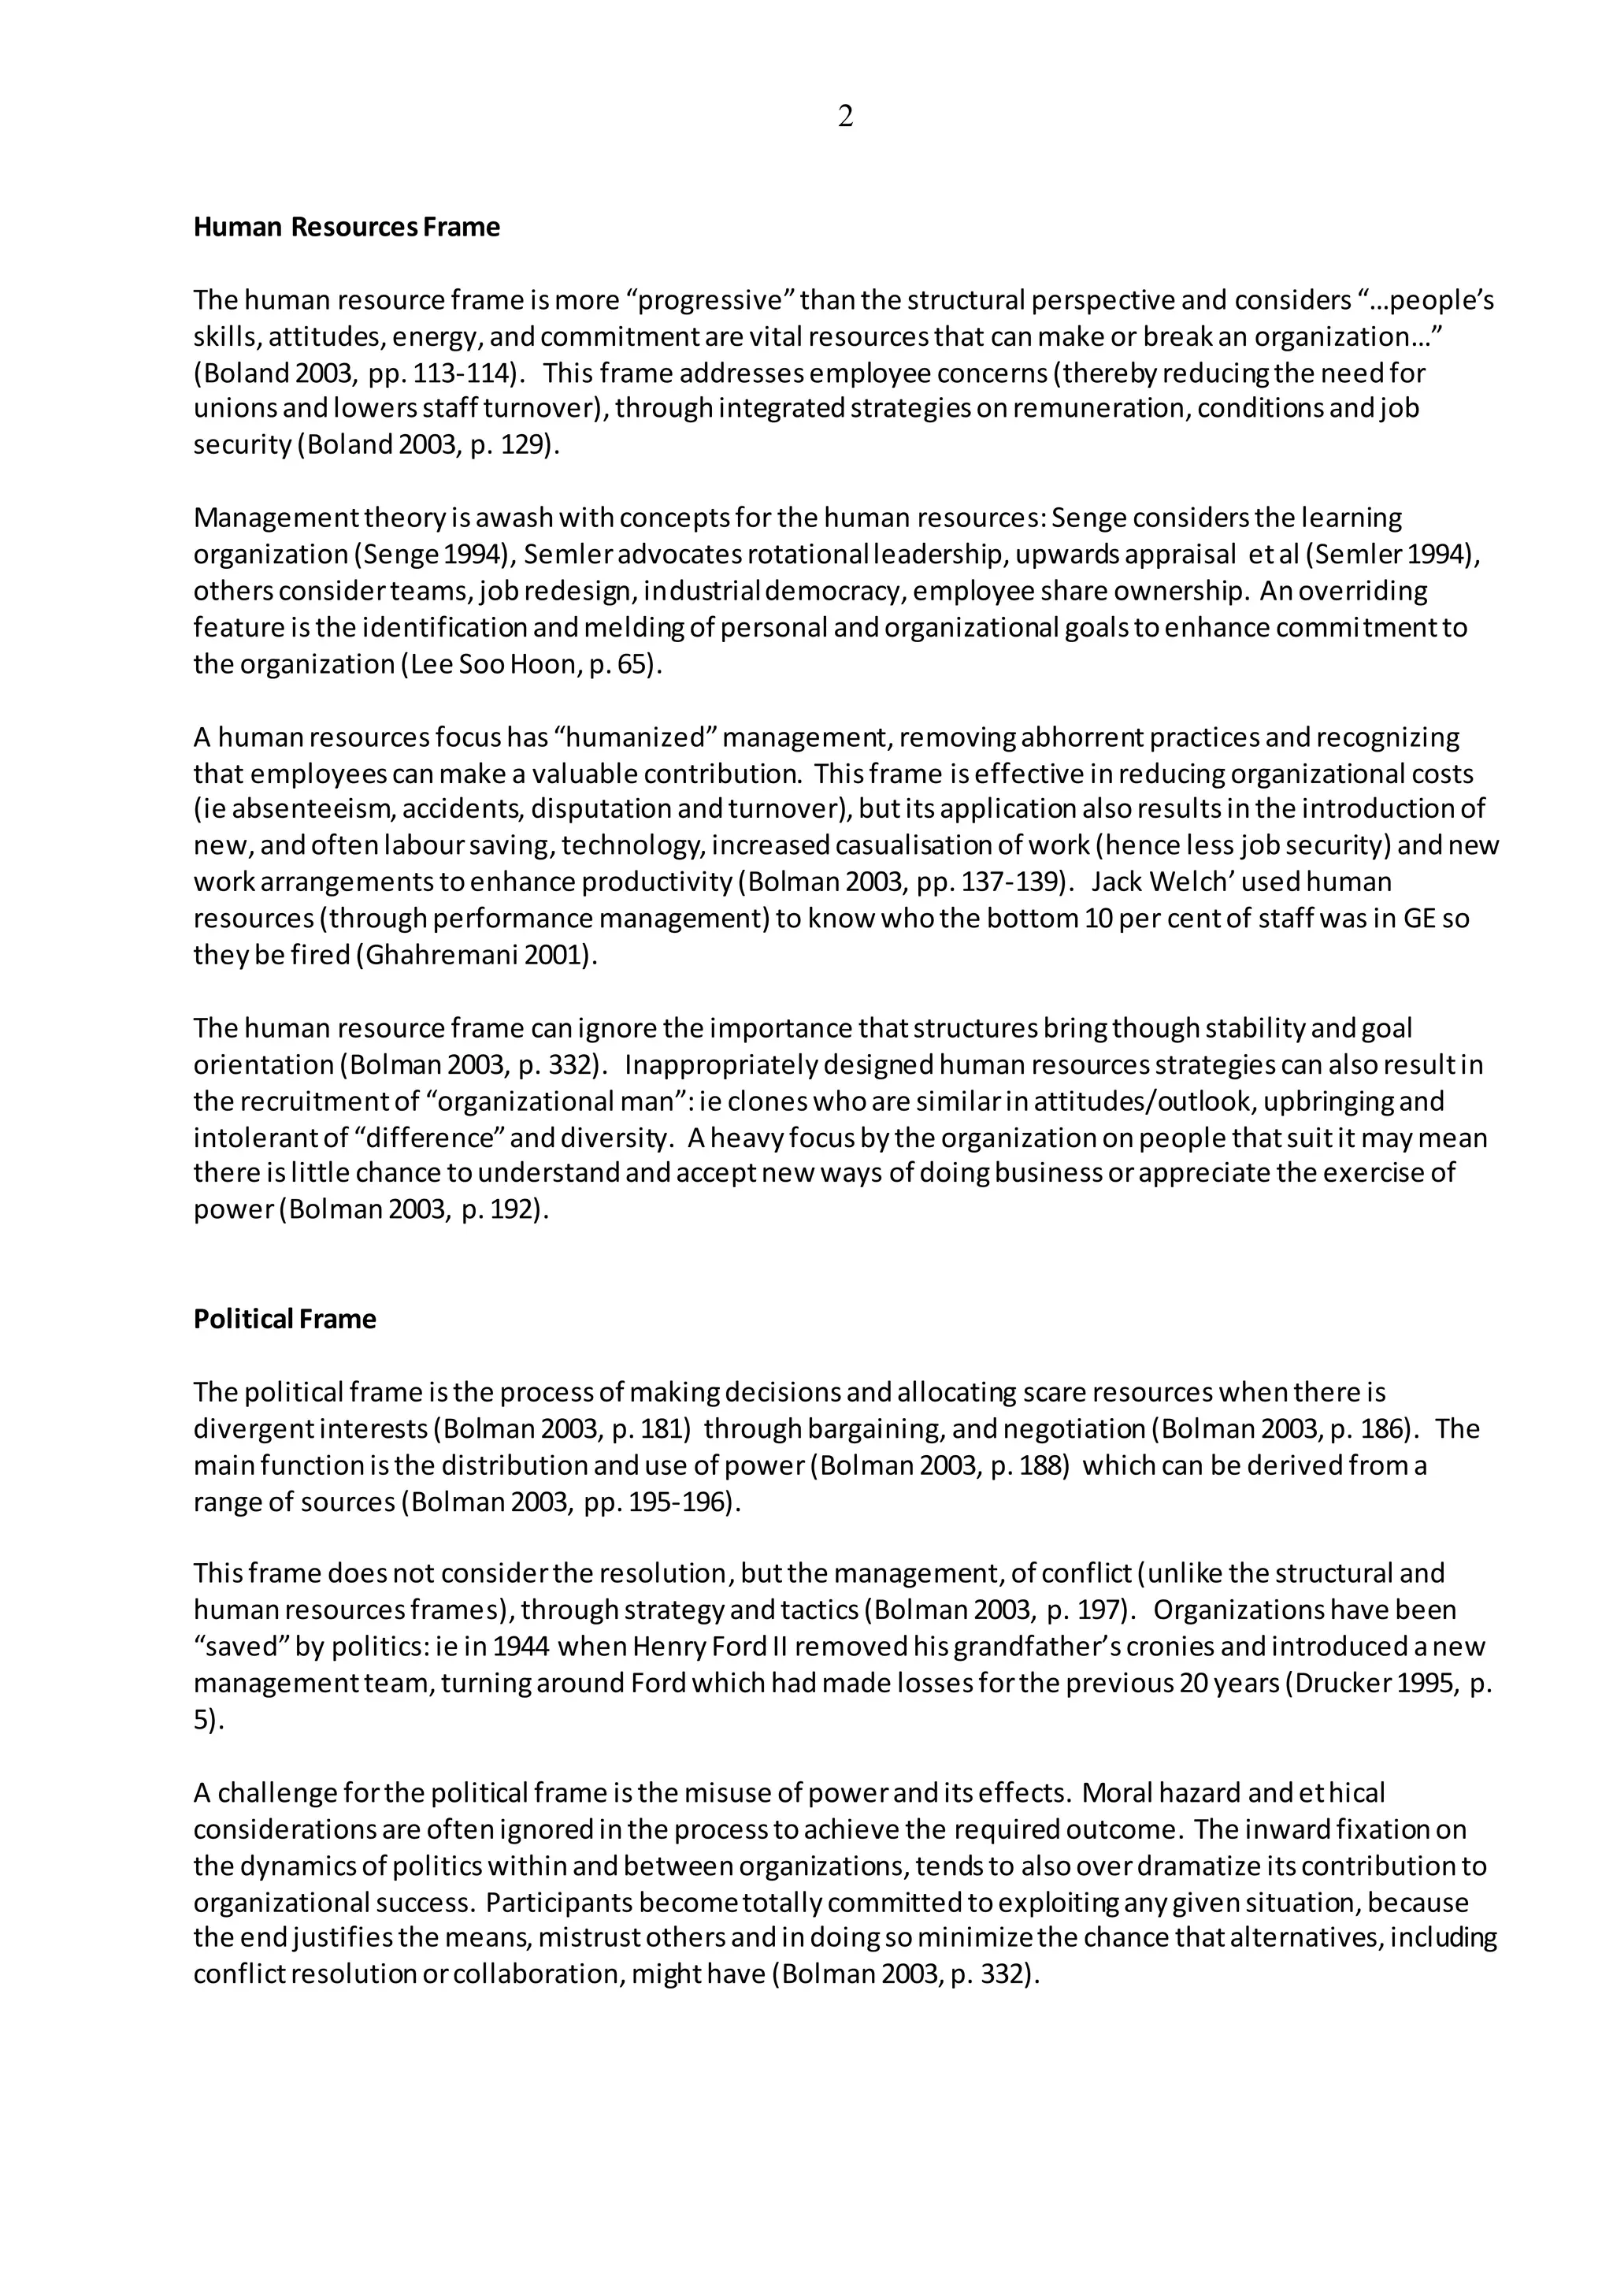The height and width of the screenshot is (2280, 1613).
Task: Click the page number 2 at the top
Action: point(845,117)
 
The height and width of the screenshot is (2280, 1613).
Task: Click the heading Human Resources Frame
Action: point(347,228)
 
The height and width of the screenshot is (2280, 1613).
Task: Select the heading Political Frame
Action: point(285,1320)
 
